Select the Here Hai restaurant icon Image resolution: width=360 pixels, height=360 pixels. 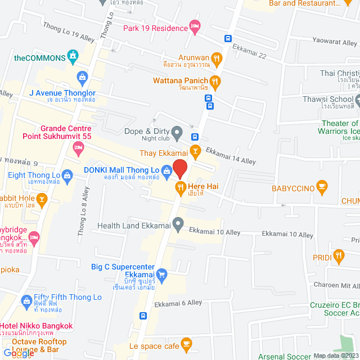point(181,187)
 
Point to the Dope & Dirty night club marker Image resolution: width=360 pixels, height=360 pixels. point(177,133)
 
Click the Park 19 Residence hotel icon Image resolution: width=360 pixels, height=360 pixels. point(195,26)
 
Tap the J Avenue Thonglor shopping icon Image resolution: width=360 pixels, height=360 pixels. point(83,76)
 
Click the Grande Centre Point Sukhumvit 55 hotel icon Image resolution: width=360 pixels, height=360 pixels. point(78,148)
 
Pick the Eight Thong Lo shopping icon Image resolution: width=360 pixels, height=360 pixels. point(67,175)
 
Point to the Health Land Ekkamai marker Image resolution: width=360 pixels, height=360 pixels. point(178,226)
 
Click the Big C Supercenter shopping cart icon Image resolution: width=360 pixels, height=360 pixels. point(162,274)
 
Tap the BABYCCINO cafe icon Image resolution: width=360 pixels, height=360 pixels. point(322,186)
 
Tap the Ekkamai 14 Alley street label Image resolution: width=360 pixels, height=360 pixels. point(231,156)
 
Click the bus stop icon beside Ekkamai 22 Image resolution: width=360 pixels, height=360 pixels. point(227,39)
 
